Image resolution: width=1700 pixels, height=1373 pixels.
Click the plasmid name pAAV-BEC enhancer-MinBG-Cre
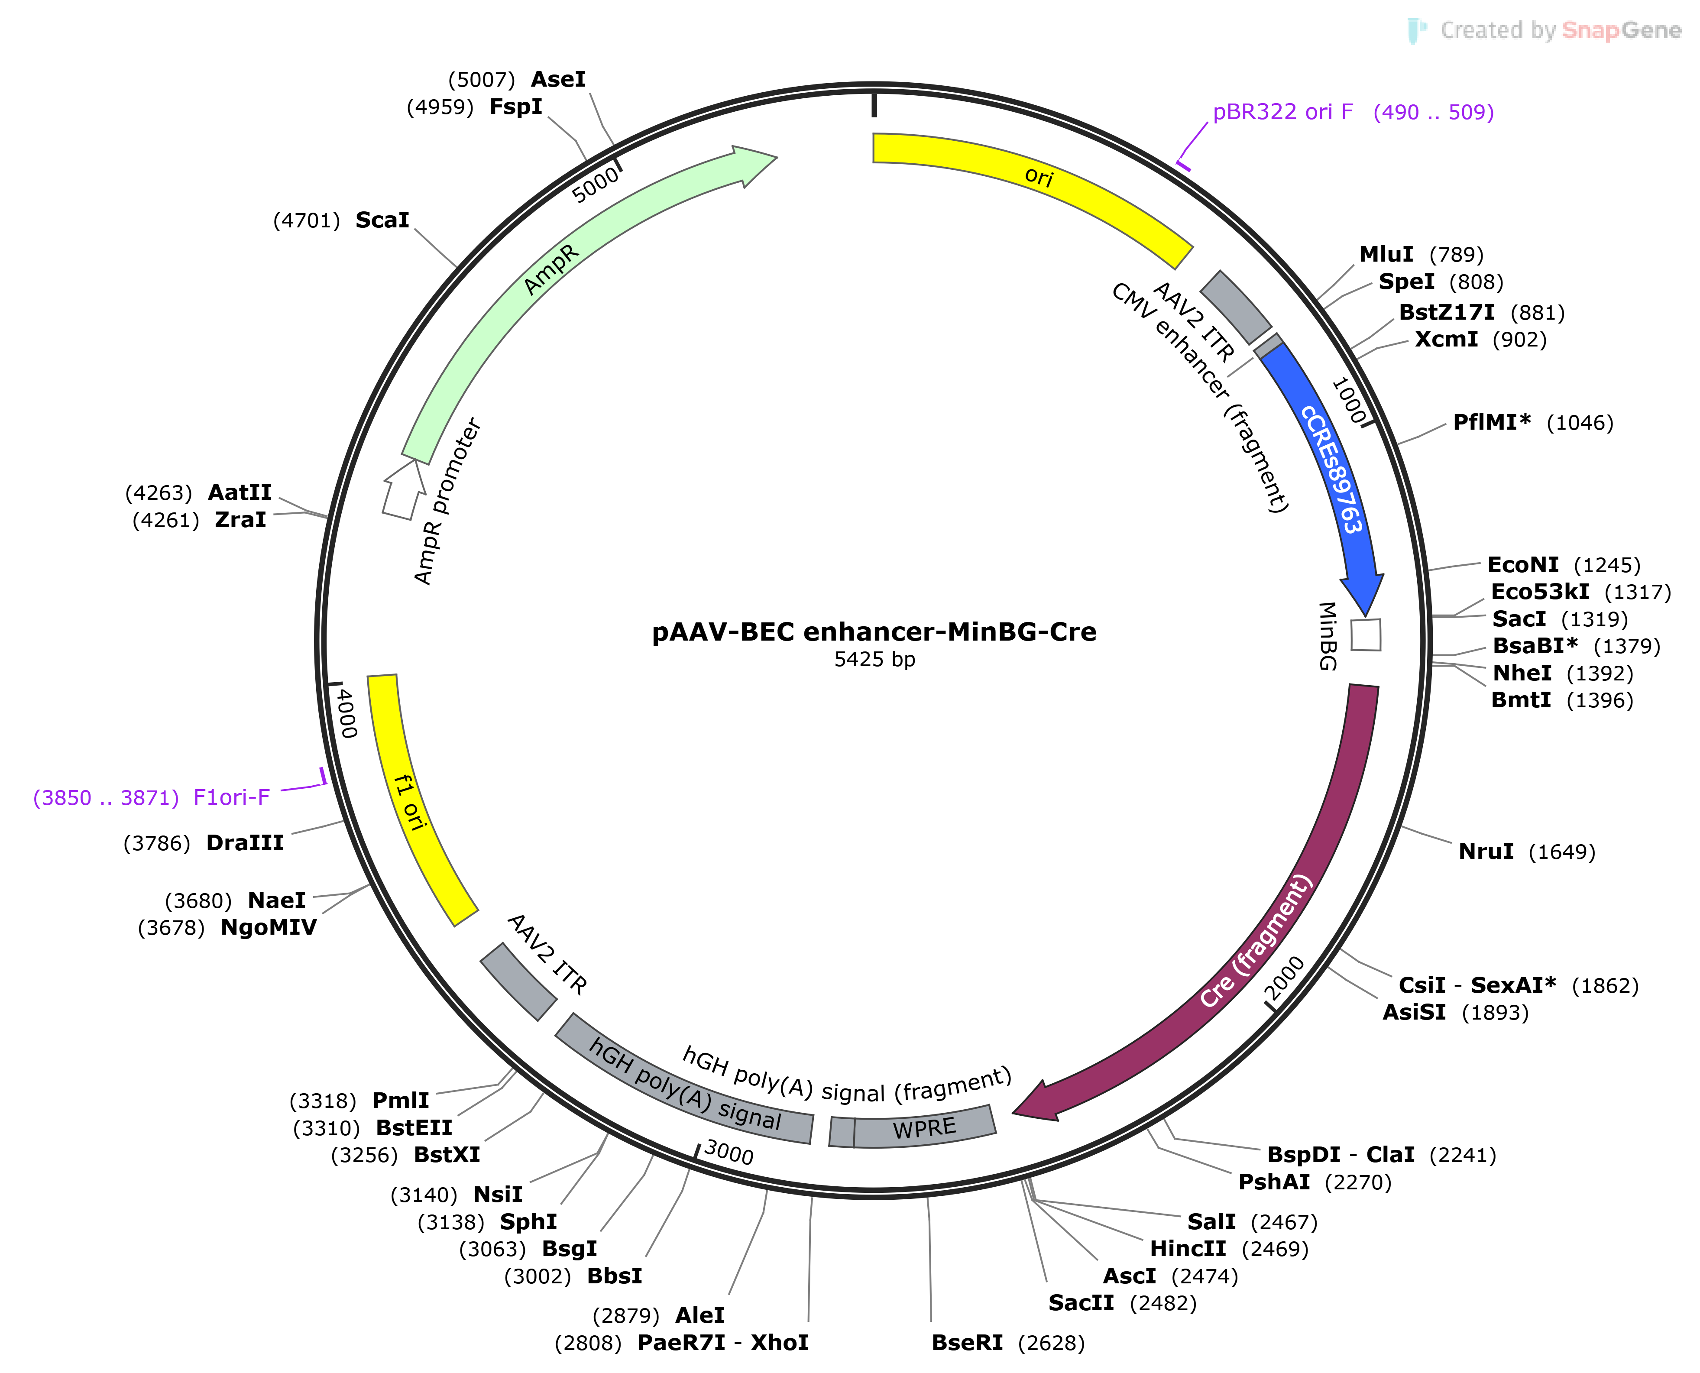point(874,632)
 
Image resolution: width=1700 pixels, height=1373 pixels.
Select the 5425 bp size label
point(874,660)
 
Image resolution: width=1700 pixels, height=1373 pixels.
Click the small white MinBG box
point(1366,634)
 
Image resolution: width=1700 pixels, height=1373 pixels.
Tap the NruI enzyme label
point(1486,852)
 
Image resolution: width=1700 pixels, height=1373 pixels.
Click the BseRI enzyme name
point(967,1343)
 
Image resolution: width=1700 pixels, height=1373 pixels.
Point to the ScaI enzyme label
point(382,220)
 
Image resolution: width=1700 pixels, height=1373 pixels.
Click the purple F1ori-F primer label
point(231,797)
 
